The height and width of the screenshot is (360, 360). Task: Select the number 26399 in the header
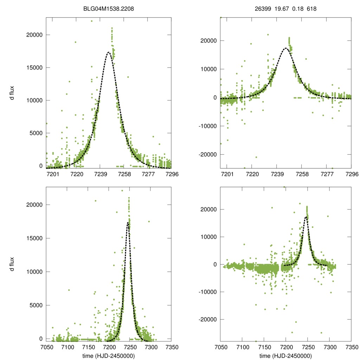(x=262, y=9)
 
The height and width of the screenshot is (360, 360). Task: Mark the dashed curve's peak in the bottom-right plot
(x=306, y=217)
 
